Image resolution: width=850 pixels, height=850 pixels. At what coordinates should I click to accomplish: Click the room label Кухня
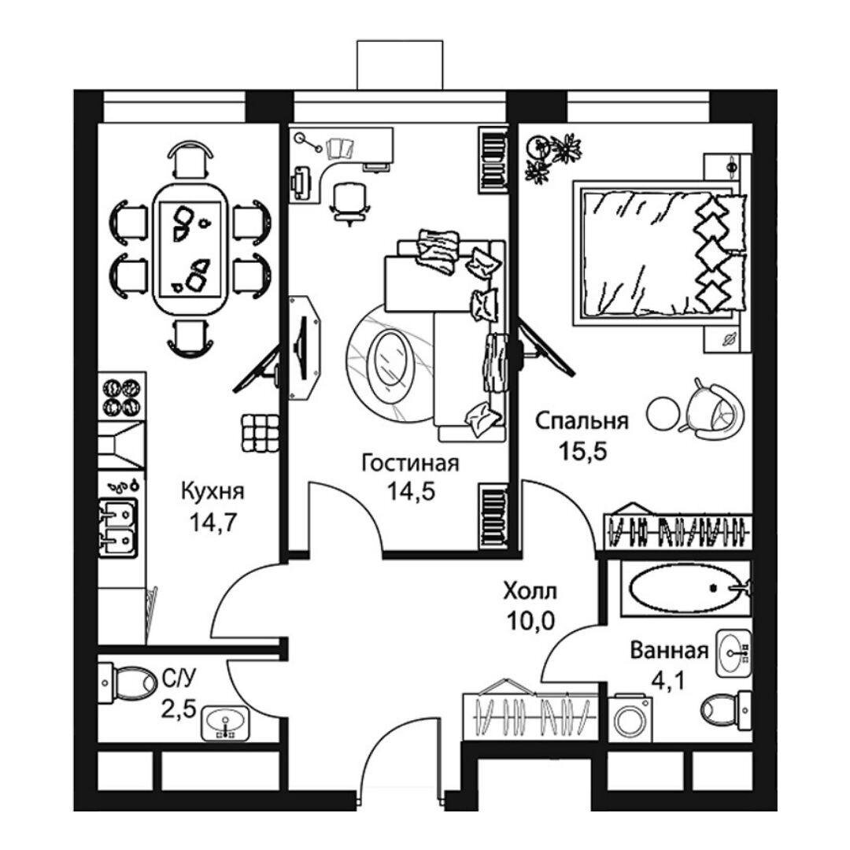[x=212, y=493]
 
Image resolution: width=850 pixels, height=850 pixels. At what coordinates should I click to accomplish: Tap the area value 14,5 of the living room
[x=411, y=492]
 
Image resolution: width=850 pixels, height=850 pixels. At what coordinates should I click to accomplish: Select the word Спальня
[x=582, y=421]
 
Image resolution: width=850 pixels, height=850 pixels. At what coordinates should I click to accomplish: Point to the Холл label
[x=530, y=591]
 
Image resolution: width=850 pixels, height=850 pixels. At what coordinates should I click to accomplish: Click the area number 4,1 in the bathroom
[x=668, y=680]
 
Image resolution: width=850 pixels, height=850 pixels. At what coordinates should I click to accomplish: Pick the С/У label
[x=179, y=678]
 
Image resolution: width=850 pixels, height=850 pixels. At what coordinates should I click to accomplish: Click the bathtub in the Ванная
[x=686, y=588]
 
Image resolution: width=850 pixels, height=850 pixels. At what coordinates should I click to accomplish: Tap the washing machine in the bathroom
[x=630, y=719]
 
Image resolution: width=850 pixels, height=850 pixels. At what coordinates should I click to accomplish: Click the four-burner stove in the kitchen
[x=123, y=396]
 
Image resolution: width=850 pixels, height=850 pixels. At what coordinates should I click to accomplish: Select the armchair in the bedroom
[x=711, y=410]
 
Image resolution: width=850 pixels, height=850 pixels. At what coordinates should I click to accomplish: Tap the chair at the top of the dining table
[x=190, y=159]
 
